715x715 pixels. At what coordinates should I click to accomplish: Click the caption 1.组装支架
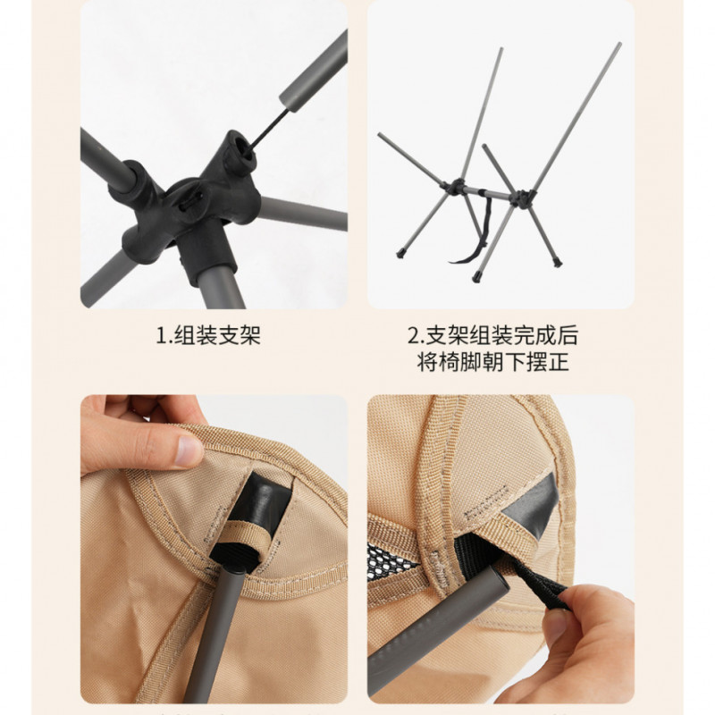pyautogui.click(x=208, y=336)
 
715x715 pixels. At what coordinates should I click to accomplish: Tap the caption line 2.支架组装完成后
pyautogui.click(x=493, y=336)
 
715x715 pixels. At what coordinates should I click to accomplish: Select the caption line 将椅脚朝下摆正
pyautogui.click(x=493, y=362)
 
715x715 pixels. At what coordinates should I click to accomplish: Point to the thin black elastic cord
pyautogui.click(x=269, y=128)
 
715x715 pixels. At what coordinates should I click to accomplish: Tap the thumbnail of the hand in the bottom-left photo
pyautogui.click(x=189, y=451)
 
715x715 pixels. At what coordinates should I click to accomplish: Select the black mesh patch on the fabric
pyautogui.click(x=390, y=562)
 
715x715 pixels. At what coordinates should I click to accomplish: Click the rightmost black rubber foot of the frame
pyautogui.click(x=557, y=263)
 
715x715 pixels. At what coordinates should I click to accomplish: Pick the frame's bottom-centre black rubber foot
pyautogui.click(x=476, y=276)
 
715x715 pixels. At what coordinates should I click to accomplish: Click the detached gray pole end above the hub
pyautogui.click(x=315, y=71)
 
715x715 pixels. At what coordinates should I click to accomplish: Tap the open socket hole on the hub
pyautogui.click(x=245, y=150)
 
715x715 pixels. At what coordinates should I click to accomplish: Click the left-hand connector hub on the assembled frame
pyautogui.click(x=455, y=187)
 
